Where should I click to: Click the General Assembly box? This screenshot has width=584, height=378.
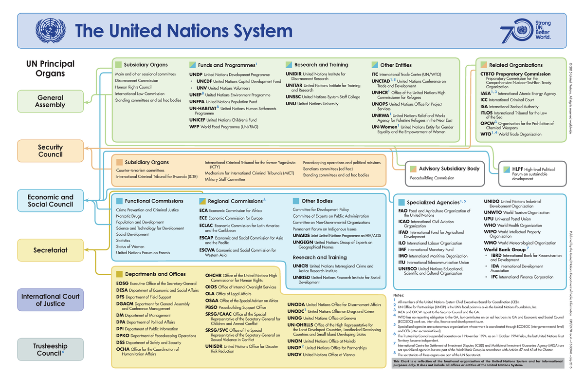tap(51, 101)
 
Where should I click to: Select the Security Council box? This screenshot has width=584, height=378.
tap(51, 151)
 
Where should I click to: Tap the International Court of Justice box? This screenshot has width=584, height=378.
tap(51, 300)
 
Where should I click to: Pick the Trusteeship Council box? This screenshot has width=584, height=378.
tap(51, 349)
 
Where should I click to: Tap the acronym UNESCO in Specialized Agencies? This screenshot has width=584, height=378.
tap(407, 269)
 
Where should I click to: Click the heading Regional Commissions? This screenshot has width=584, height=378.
tap(235, 201)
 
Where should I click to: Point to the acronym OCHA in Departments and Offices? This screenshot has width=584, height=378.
tap(123, 349)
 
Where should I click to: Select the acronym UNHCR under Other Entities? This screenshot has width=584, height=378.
tap(380, 92)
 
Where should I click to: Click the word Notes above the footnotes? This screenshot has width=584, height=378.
tap(399, 295)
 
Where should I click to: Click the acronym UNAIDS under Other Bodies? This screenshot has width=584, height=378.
tap(303, 235)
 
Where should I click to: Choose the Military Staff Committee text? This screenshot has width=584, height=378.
tap(225, 179)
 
